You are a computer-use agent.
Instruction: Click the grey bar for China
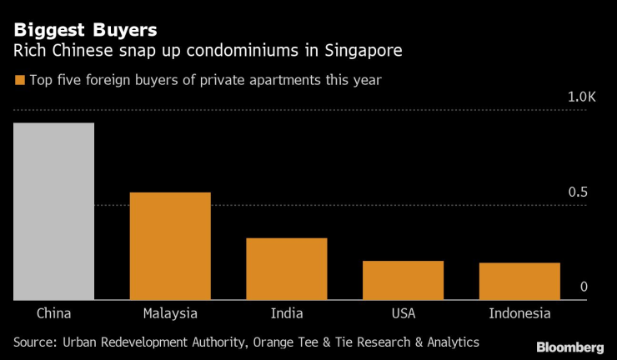pos(53,211)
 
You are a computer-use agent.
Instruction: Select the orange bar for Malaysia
pos(170,246)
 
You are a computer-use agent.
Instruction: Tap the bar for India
pos(286,268)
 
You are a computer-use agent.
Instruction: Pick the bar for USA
pos(403,280)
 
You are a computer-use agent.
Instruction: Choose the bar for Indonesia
pos(519,281)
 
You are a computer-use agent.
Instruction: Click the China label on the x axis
pos(53,313)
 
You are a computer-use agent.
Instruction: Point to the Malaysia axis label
pos(170,313)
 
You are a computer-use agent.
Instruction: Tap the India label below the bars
pos(287,313)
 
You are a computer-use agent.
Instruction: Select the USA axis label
pos(403,313)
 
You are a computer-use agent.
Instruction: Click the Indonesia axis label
pos(519,313)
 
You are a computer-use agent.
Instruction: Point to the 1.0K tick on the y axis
pos(582,97)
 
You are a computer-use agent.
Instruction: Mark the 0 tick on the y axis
pos(584,287)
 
